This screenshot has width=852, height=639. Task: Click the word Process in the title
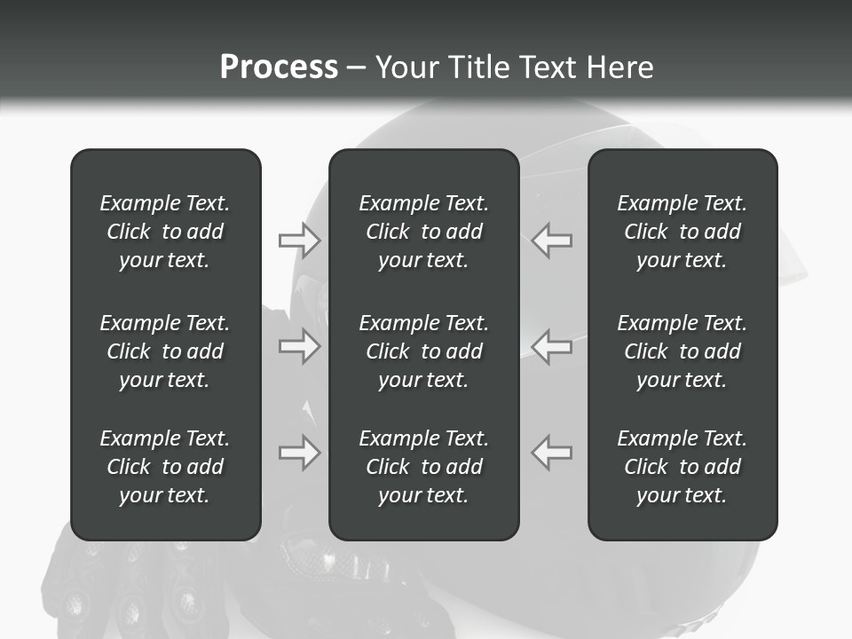279,67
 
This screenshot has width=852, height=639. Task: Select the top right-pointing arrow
299,240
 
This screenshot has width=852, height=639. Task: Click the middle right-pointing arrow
299,345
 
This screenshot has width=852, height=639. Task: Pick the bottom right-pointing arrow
299,453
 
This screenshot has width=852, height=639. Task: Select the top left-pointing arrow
552,240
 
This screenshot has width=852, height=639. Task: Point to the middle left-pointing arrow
552,345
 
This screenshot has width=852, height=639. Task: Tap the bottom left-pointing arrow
552,453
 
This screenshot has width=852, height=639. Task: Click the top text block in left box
165,232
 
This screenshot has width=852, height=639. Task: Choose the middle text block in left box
165,351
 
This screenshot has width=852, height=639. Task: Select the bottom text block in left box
165,467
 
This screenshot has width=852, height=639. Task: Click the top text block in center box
424,232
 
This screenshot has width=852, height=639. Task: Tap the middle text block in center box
424,351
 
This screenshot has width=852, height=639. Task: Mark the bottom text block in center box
424,467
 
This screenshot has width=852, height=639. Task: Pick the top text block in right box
682,232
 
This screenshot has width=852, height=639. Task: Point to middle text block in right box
682,351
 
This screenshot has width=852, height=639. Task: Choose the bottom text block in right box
682,467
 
